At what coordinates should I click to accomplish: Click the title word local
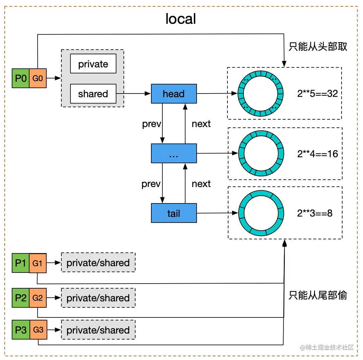point(180,19)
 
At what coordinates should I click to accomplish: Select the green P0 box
point(20,78)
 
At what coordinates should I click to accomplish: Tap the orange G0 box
point(38,78)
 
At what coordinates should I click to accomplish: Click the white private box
point(93,64)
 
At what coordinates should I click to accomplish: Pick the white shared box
point(93,94)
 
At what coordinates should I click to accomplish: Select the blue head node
point(174,94)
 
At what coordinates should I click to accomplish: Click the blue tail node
point(174,213)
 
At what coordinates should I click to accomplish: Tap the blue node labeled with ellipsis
point(174,154)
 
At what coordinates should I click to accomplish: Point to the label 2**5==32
point(317,94)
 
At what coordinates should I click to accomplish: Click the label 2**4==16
point(317,154)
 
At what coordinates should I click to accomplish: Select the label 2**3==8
point(315,213)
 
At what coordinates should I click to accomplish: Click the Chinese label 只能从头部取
point(318,47)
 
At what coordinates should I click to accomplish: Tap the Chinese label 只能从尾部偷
point(318,295)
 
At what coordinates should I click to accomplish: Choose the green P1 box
point(20,263)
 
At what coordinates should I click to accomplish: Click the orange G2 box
point(38,298)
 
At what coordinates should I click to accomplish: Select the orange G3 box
point(38,330)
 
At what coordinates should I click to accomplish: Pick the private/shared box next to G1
point(98,262)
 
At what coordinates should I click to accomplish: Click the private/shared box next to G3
point(98,330)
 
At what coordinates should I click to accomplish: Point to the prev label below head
point(151,124)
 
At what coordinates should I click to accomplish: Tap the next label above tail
point(201,184)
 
